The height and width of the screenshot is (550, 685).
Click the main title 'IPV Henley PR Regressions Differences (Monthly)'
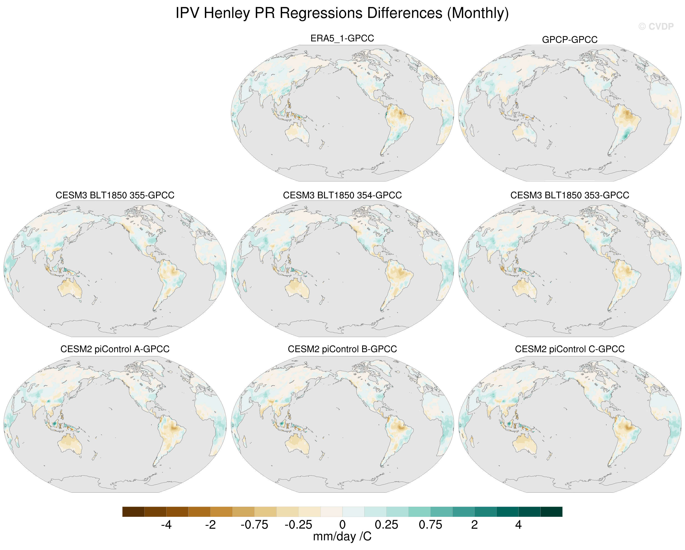pos(342,13)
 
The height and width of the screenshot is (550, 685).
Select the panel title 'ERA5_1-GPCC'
pos(342,38)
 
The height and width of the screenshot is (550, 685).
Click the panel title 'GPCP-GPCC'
pos(570,40)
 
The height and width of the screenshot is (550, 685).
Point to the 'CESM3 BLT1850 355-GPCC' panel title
pos(115,195)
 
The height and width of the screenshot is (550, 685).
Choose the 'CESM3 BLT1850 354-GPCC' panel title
pos(342,195)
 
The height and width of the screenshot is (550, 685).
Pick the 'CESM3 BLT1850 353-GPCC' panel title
pos(570,195)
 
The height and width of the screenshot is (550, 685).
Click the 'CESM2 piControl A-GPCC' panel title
pos(115,349)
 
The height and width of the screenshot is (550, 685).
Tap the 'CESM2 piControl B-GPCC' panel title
pos(342,349)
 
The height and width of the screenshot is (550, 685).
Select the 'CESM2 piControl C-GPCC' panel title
pos(570,349)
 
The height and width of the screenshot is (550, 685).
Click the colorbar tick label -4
pos(166,525)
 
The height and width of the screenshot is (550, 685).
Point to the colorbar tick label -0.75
pos(254,525)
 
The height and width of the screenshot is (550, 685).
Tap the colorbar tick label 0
pos(342,525)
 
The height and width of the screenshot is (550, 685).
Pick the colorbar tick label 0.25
pos(386,525)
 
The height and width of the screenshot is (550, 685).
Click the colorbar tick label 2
pos(474,525)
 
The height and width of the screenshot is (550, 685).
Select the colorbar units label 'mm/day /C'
pos(342,537)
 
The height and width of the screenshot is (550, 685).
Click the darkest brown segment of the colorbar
pos(133,512)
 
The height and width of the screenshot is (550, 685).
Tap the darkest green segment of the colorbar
pos(551,512)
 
